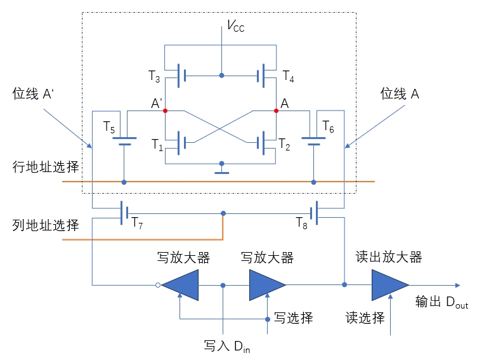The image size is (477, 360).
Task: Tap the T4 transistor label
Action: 288,76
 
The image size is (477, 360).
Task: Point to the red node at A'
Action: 165,110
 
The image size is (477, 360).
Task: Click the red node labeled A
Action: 277,110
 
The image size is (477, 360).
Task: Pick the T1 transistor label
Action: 156,144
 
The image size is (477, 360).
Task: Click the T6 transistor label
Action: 328,126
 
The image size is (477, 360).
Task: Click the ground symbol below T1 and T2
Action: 221,170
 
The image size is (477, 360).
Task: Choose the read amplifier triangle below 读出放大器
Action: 388,285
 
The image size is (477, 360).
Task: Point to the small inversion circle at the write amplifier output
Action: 158,285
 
